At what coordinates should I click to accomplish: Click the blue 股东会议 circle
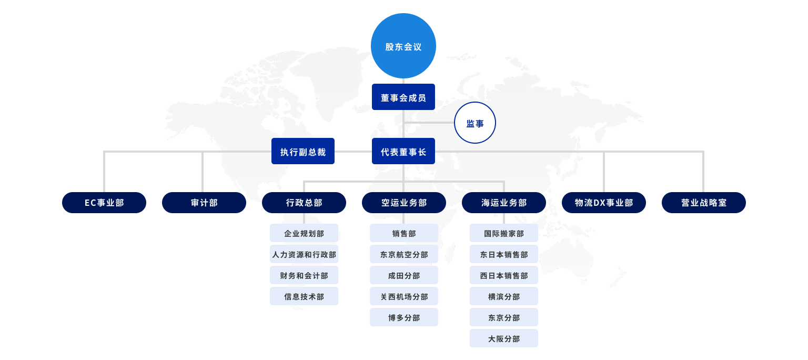403,46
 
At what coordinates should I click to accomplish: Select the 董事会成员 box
403,97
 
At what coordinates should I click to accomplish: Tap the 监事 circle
474,123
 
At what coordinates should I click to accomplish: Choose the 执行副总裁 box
303,151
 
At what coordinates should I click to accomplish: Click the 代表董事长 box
403,151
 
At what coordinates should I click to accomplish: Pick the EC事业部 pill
104,203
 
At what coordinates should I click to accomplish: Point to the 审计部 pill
204,203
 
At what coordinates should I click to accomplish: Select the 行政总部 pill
304,203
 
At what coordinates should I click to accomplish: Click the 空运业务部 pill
404,203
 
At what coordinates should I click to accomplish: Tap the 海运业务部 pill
504,203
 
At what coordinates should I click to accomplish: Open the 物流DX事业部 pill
604,203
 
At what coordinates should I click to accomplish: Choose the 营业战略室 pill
704,203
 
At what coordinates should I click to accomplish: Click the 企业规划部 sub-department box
304,233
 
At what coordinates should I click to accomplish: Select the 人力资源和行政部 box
304,254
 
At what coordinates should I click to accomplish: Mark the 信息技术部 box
304,296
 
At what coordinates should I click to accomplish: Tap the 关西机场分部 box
404,296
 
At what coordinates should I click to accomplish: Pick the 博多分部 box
404,317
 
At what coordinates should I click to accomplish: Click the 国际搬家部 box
504,233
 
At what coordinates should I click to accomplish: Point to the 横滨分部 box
504,296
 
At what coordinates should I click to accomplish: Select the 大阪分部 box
504,338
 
